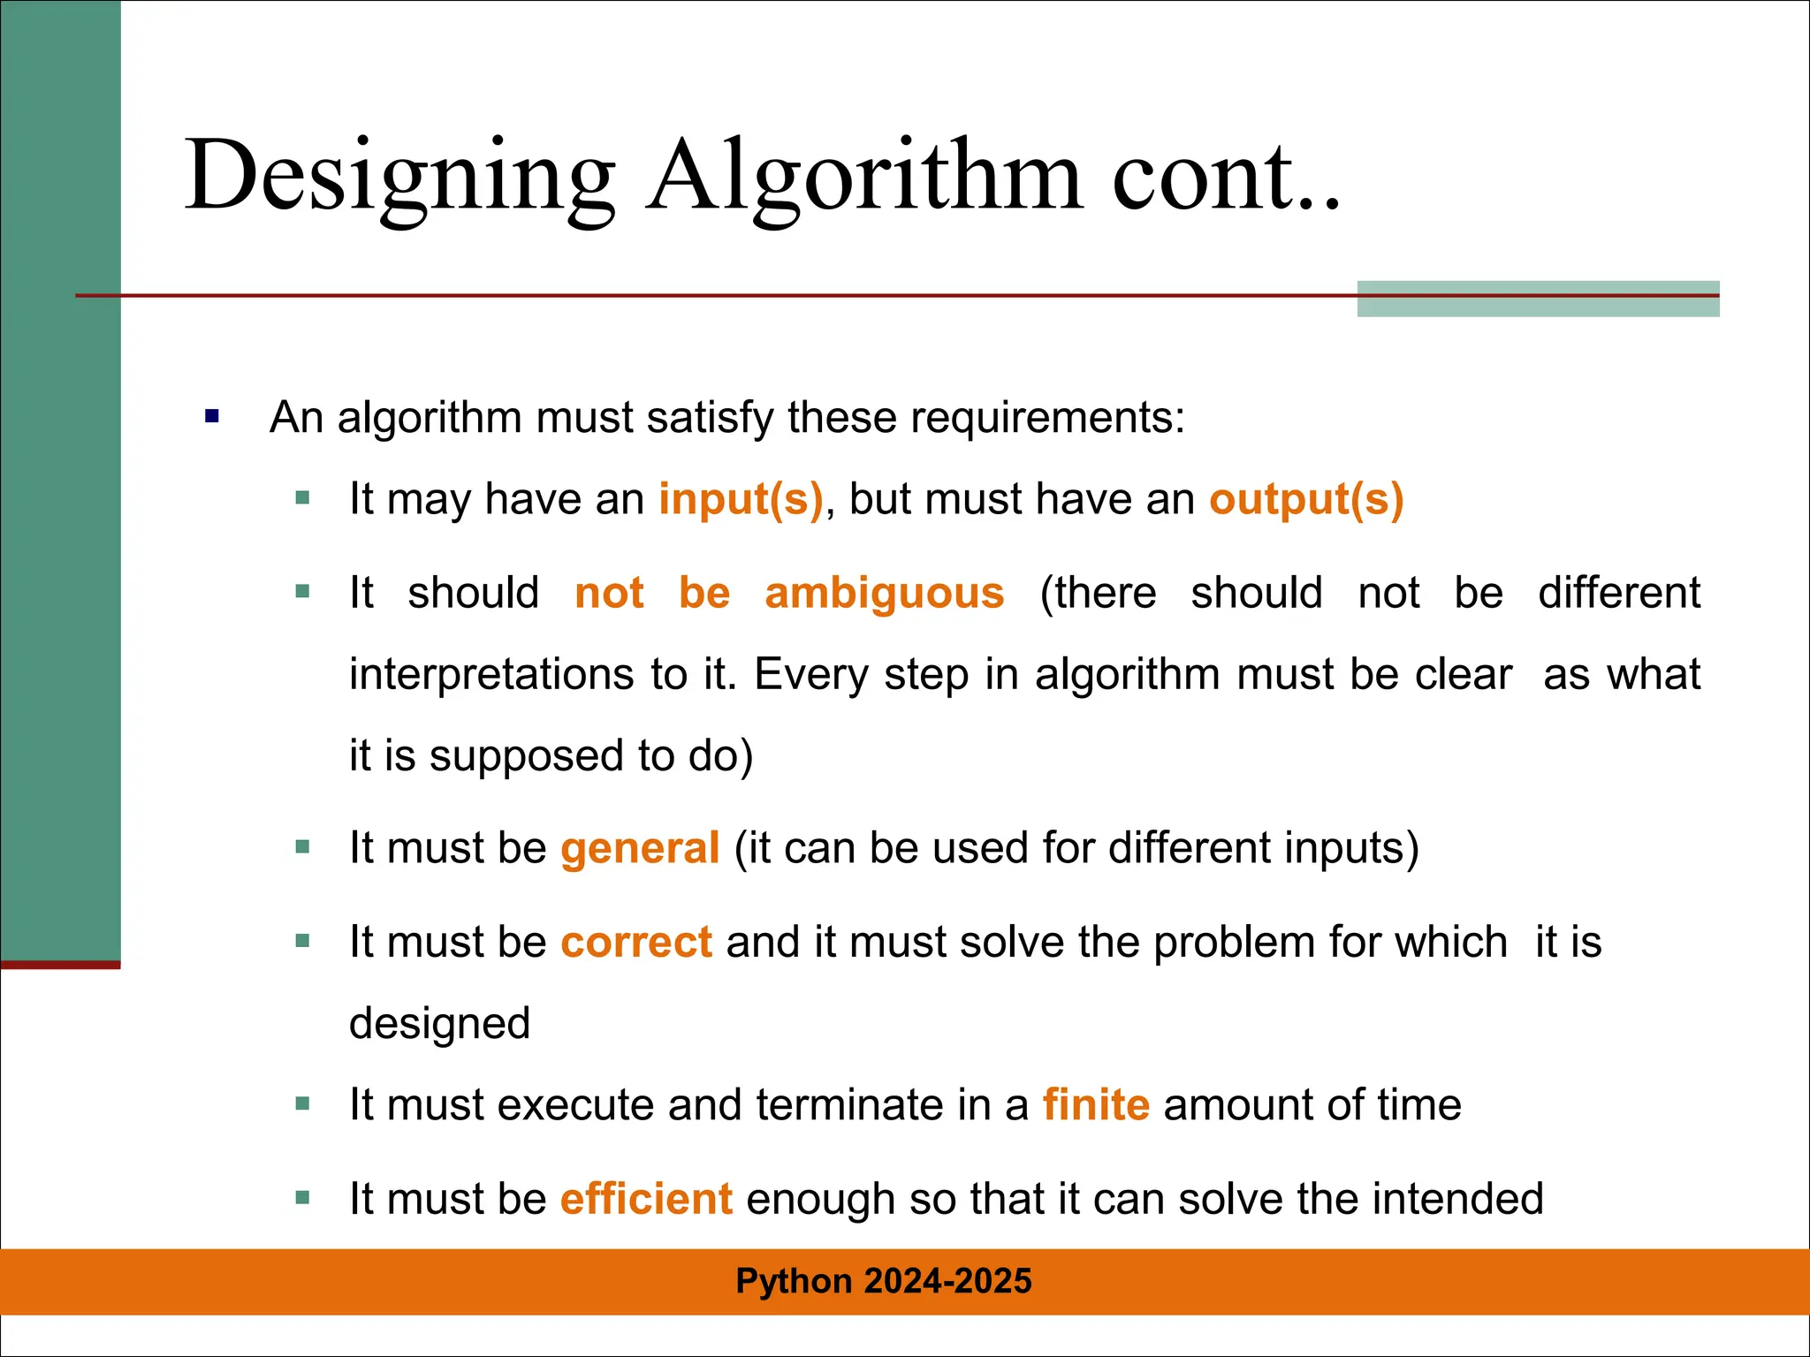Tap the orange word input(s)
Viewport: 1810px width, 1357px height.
[741, 499]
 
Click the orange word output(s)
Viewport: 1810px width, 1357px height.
[1306, 499]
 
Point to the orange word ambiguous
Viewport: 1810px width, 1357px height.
[885, 593]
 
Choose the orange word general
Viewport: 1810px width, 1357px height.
[640, 848]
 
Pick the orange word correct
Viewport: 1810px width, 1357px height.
[636, 942]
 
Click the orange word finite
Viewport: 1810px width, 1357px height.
[1096, 1105]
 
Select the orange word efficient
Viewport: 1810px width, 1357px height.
[646, 1199]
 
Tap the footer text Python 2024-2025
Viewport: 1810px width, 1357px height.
[884, 1281]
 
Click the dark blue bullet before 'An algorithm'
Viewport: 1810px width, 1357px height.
[212, 416]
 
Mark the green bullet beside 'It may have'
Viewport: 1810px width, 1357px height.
[303, 498]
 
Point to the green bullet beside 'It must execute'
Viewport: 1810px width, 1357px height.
[303, 1103]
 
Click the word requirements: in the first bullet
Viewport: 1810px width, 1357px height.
[1047, 418]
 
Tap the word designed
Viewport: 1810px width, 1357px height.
[439, 1024]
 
